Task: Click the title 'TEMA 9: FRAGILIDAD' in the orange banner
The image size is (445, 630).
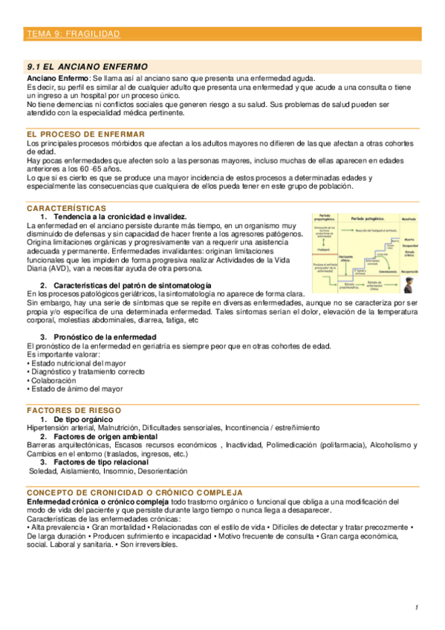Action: click(x=73, y=34)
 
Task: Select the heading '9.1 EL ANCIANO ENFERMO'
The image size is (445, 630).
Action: click(x=86, y=66)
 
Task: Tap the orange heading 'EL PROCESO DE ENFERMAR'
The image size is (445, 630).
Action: click(x=74, y=134)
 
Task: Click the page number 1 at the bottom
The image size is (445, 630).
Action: click(x=418, y=608)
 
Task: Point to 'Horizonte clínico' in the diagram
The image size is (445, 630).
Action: click(x=345, y=259)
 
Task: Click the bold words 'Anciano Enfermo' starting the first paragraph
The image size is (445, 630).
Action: click(x=56, y=79)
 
